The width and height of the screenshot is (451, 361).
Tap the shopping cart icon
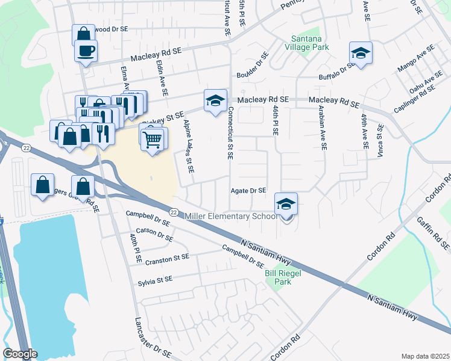pyautogui.click(x=153, y=140)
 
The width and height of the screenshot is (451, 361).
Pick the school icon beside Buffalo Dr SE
pyautogui.click(x=361, y=54)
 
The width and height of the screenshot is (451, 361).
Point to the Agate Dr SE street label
pyautogui.click(x=248, y=191)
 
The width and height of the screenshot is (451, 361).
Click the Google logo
pyautogui.click(x=20, y=354)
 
